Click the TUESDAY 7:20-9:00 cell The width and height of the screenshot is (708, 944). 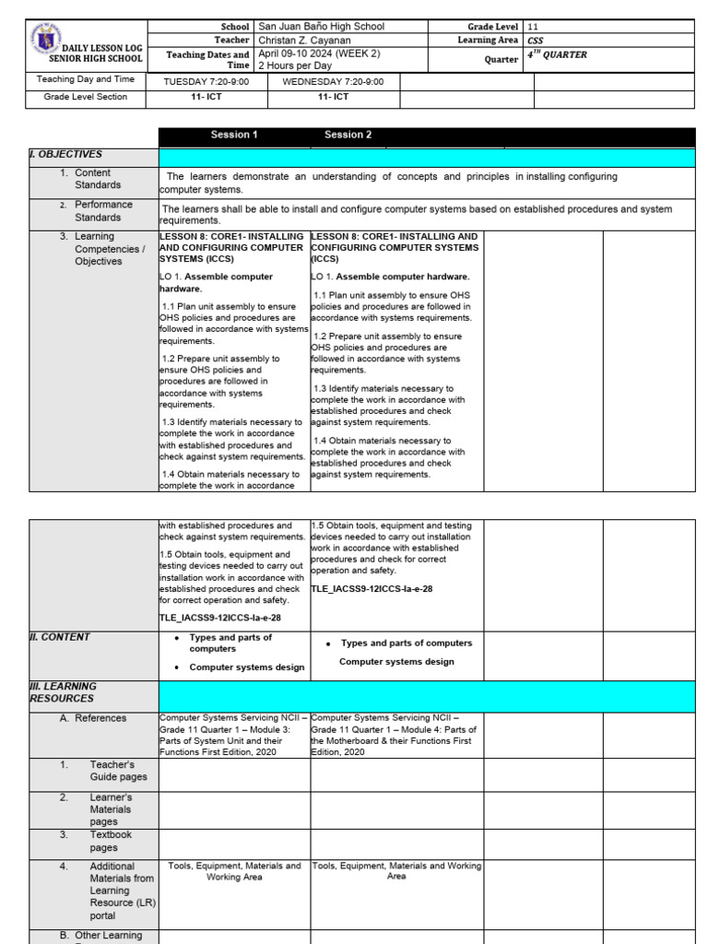pyautogui.click(x=206, y=82)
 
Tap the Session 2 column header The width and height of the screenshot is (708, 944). pyautogui.click(x=348, y=135)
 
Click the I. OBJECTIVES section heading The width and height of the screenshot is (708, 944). pyautogui.click(x=65, y=154)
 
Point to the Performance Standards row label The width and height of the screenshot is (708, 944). pyautogui.click(x=103, y=211)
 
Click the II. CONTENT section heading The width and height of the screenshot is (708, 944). pyautogui.click(x=60, y=637)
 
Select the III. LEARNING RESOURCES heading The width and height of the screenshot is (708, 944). pyautogui.click(x=63, y=692)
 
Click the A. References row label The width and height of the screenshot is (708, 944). pyautogui.click(x=93, y=718)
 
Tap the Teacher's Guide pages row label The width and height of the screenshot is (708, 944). pyautogui.click(x=112, y=771)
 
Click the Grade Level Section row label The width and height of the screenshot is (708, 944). pyautogui.click(x=86, y=96)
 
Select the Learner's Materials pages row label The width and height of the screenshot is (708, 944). pyautogui.click(x=110, y=809)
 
